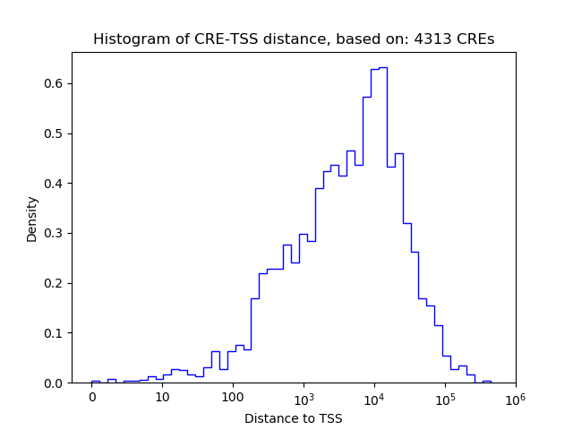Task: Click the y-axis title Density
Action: [x=32, y=219]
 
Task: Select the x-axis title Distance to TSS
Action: [x=293, y=418]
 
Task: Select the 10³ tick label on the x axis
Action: [x=304, y=397]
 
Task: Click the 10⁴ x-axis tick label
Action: [x=374, y=397]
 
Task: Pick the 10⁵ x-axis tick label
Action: [x=445, y=397]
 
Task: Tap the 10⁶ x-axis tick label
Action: [x=515, y=397]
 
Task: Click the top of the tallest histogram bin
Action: [x=382, y=67]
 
